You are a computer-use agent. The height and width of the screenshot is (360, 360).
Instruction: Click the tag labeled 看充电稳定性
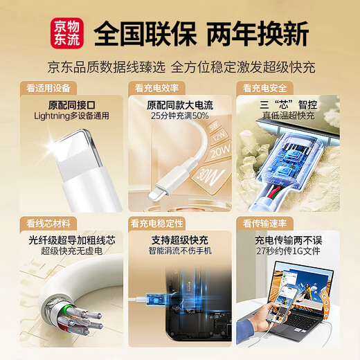click(x=156, y=224)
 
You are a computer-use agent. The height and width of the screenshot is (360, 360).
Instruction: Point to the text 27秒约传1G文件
click(x=285, y=251)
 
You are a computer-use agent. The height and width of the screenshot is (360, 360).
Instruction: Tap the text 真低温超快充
click(x=285, y=116)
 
